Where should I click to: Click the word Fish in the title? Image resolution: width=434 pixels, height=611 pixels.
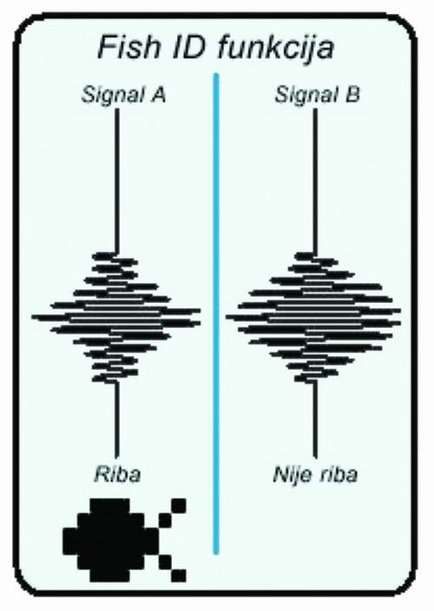(x=129, y=47)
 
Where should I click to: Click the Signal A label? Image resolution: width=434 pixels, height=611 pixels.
(x=124, y=95)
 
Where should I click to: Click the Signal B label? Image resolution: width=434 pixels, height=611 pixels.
(x=317, y=95)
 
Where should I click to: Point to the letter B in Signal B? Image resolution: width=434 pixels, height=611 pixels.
(x=352, y=95)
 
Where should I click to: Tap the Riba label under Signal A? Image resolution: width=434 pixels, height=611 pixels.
(x=117, y=474)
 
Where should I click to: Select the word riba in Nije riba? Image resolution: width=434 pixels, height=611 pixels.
(x=338, y=474)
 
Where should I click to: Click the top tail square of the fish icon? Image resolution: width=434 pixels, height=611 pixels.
(x=179, y=505)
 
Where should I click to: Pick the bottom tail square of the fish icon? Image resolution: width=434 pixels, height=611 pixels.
(x=179, y=575)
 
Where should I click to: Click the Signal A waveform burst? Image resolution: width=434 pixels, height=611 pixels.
(x=116, y=317)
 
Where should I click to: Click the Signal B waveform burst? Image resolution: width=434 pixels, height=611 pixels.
(x=314, y=317)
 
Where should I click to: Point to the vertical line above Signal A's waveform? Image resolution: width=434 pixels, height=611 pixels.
(x=116, y=181)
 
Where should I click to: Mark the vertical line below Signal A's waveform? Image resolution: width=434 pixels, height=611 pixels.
(x=115, y=420)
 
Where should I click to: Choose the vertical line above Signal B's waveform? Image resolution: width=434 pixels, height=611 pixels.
(x=315, y=181)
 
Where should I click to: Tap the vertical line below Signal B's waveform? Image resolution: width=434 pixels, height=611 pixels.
(x=315, y=420)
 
